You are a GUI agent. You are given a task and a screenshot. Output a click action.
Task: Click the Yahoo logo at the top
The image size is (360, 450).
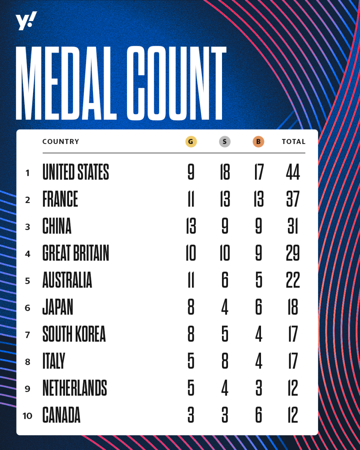click(x=26, y=21)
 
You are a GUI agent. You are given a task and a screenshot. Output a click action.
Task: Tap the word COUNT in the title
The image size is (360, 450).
click(x=176, y=84)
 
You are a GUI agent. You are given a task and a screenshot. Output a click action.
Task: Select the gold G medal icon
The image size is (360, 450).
click(x=191, y=142)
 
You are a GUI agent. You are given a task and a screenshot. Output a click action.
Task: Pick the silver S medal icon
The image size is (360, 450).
click(x=225, y=142)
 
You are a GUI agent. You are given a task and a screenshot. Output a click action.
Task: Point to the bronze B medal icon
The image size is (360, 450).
click(x=258, y=142)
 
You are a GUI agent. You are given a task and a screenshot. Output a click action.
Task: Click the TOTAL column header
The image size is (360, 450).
click(x=294, y=142)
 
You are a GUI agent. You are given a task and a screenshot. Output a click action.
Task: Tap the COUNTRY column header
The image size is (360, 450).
click(x=61, y=142)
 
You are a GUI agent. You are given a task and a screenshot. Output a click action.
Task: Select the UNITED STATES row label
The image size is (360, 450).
click(x=76, y=172)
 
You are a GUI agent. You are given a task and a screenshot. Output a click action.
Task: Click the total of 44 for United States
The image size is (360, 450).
click(x=292, y=172)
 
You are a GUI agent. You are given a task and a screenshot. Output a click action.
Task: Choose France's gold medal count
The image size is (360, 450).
click(x=191, y=199)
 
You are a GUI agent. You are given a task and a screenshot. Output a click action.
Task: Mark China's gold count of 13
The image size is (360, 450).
click(x=191, y=226)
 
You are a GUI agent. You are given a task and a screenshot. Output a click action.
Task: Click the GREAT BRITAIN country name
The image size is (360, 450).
click(x=76, y=253)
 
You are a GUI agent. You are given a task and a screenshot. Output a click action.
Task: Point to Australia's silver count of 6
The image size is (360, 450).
click(x=225, y=280)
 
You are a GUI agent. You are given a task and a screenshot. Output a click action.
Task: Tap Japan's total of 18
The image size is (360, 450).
click(x=292, y=307)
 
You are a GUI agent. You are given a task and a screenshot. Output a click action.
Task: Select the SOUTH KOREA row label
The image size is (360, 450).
click(x=74, y=334)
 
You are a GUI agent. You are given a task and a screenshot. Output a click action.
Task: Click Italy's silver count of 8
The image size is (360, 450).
click(x=225, y=361)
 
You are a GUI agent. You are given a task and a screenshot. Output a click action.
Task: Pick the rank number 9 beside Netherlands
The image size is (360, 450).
click(x=27, y=389)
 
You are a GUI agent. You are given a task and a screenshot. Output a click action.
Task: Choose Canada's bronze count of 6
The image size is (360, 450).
click(x=258, y=415)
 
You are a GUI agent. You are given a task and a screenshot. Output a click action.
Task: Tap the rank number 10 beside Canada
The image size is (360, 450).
click(x=27, y=416)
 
